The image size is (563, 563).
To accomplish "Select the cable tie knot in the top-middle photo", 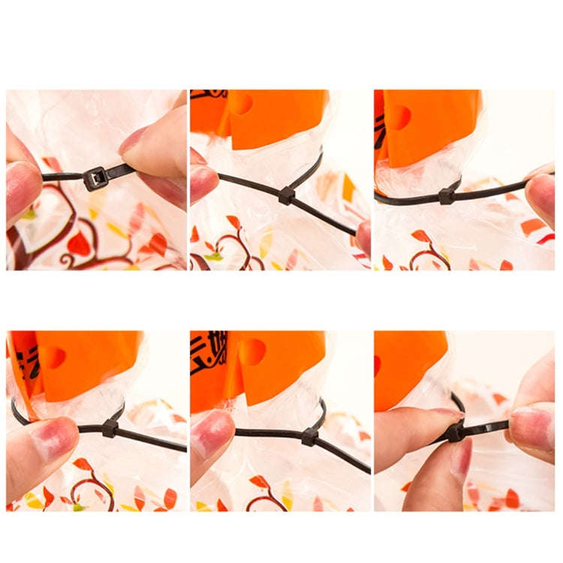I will (286, 195).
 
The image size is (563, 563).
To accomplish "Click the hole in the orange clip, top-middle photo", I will (242, 104).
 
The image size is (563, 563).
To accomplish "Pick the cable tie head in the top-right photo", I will (446, 195).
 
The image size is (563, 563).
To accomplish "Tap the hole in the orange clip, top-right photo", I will (398, 116).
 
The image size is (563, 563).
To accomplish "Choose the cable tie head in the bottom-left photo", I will (110, 429).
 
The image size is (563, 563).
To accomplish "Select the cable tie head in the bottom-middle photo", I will (309, 436).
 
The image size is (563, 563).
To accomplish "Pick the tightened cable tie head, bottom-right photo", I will (455, 432).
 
